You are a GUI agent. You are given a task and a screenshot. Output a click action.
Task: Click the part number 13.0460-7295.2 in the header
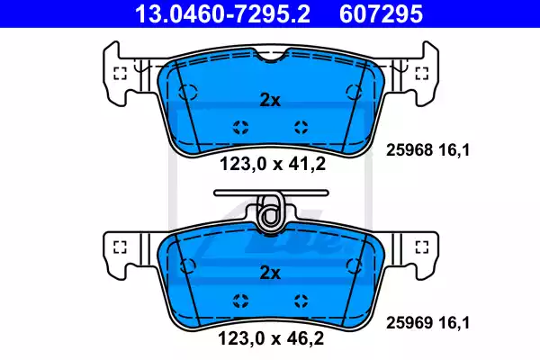[222, 13]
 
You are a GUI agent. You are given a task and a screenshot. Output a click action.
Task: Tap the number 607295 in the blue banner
[381, 13]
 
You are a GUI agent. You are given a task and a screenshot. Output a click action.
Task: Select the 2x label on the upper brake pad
[270, 100]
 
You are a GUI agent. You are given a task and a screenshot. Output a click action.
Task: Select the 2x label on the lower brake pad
[270, 273]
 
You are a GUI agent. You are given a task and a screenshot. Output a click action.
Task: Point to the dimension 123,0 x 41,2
[273, 164]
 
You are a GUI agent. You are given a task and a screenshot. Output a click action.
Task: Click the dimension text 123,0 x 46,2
[271, 338]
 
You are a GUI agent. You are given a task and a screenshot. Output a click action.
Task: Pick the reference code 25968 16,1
[427, 150]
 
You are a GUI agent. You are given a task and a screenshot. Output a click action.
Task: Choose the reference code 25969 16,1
[427, 323]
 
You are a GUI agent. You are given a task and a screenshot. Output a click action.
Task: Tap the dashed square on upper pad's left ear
[120, 73]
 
